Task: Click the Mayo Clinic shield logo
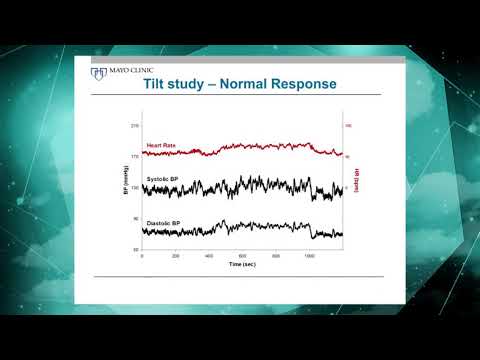pyautogui.click(x=96, y=72)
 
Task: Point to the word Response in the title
pyautogui.click(x=307, y=86)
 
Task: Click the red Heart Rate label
pyautogui.click(x=161, y=146)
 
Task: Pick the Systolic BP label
pyautogui.click(x=163, y=179)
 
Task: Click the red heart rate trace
pyautogui.click(x=250, y=147)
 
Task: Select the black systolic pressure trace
pyautogui.click(x=250, y=186)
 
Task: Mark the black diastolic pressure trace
pyautogui.click(x=250, y=230)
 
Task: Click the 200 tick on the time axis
pyautogui.click(x=175, y=256)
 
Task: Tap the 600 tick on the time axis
pyautogui.click(x=242, y=256)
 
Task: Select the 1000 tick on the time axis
pyautogui.click(x=309, y=256)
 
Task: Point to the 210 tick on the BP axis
pyautogui.click(x=134, y=126)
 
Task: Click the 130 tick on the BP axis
pyautogui.click(x=134, y=188)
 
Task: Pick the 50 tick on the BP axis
pyautogui.click(x=135, y=249)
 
